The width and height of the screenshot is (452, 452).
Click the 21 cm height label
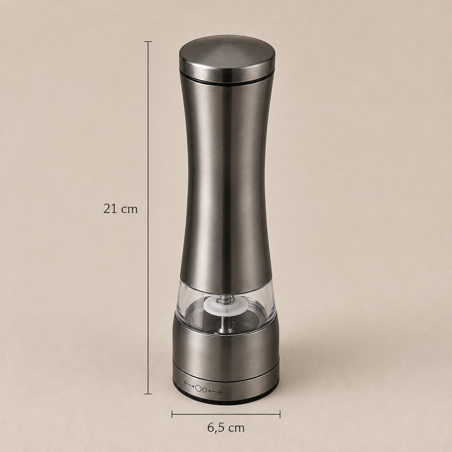tap(120, 209)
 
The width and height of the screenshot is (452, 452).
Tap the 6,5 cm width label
tap(226, 428)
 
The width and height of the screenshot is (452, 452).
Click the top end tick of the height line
tap(148, 41)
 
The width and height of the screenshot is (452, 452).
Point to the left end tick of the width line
tap(172, 414)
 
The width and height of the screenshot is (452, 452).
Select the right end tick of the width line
tap(280, 414)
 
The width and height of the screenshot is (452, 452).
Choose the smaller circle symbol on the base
tap(204, 390)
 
